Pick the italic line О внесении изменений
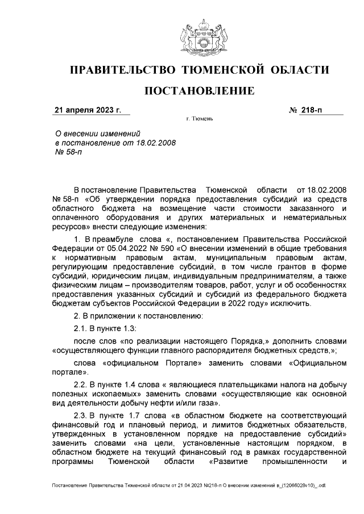coord(93,133)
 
